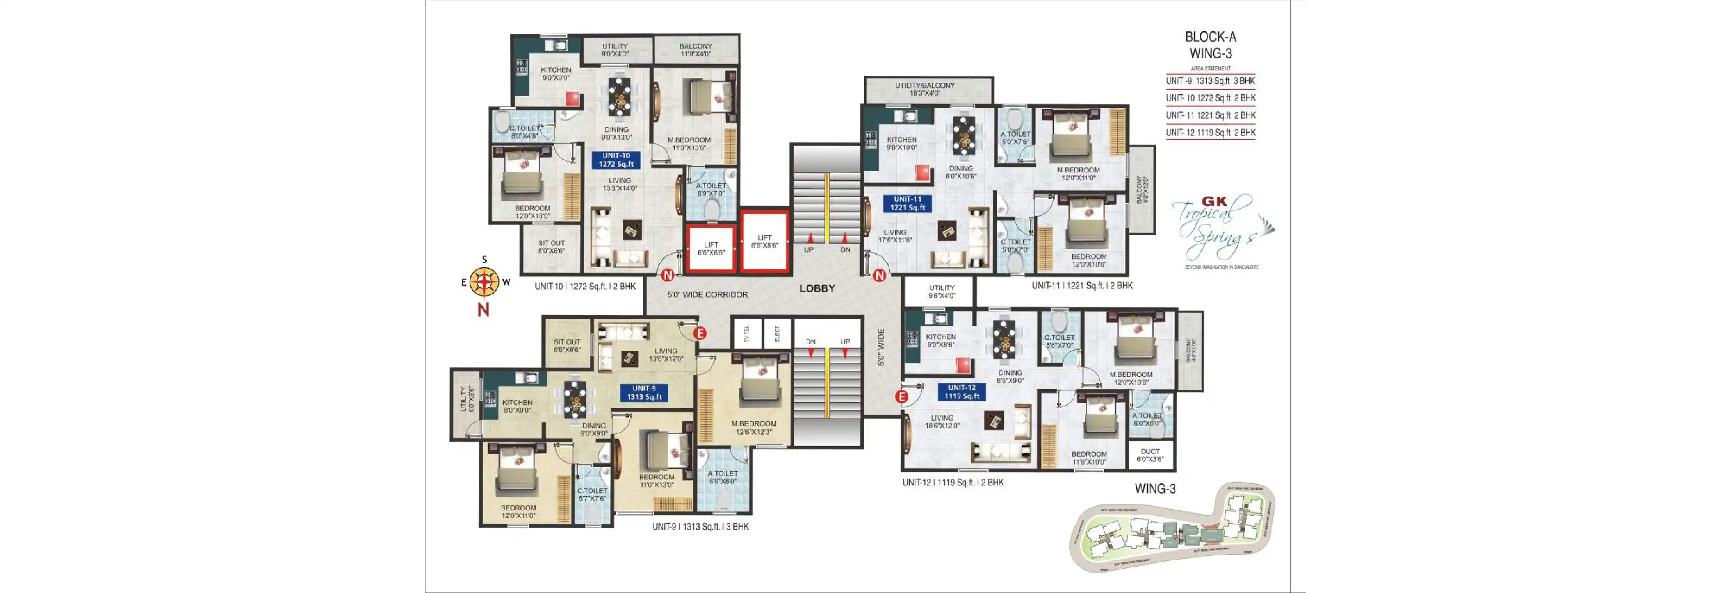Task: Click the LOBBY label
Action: pos(817,288)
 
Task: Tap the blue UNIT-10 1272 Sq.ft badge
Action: pos(616,160)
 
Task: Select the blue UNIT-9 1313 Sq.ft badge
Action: pos(644,392)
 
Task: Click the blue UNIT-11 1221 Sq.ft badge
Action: pos(907,203)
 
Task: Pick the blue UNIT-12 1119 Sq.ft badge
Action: pos(962,391)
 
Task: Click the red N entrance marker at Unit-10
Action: pos(667,275)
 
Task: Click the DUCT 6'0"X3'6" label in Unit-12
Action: pos(1150,455)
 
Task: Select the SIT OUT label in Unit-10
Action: pos(551,247)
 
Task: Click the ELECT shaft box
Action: pos(777,334)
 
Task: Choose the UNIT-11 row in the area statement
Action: pos(1210,115)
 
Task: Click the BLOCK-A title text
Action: pos(1210,37)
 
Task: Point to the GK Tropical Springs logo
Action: pos(1219,228)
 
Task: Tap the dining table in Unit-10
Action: pos(619,97)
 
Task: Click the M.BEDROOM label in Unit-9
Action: pos(753,427)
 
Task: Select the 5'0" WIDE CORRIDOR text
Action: pos(707,295)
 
